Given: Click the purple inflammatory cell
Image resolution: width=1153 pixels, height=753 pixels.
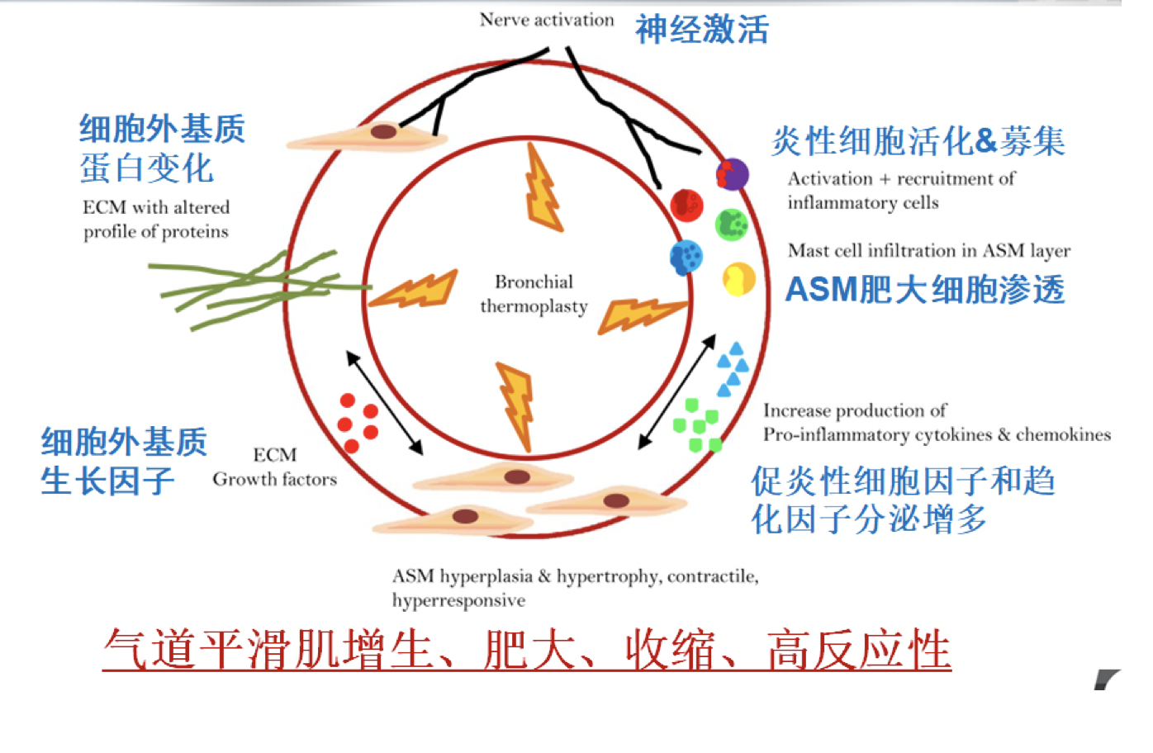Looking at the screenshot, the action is [x=732, y=174].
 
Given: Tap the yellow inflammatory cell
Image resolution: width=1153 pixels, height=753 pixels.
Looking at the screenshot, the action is [x=738, y=279].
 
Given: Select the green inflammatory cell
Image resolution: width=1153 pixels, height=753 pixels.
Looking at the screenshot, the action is [x=732, y=225].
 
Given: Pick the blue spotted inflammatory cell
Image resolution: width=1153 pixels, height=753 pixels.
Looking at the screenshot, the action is [x=686, y=257].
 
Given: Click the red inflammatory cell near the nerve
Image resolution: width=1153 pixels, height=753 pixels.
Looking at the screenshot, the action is [x=686, y=206].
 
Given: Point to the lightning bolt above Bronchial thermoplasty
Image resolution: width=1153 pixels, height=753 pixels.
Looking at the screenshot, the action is [x=543, y=187].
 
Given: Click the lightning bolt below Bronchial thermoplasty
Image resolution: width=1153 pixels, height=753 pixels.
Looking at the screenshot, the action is [x=515, y=406].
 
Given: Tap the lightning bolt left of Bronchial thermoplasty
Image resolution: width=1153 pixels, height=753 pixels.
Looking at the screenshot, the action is [x=413, y=290].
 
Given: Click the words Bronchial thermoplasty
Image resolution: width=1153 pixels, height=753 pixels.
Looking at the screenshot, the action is [x=534, y=294].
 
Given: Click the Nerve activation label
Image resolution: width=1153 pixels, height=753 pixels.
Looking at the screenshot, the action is [x=547, y=20].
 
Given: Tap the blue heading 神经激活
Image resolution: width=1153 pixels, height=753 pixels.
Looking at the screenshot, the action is [x=702, y=29].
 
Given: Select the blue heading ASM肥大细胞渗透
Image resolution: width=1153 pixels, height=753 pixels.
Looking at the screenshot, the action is [x=925, y=289].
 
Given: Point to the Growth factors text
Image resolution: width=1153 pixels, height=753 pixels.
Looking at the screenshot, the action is [x=275, y=479].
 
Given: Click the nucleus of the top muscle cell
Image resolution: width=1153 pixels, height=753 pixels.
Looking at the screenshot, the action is [x=383, y=132].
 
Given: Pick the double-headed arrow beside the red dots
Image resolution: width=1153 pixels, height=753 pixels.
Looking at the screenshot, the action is [x=385, y=403].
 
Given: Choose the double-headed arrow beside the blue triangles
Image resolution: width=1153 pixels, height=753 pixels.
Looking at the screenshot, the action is [x=677, y=391].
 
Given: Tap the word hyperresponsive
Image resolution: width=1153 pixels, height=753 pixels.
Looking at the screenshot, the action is [x=458, y=600].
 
